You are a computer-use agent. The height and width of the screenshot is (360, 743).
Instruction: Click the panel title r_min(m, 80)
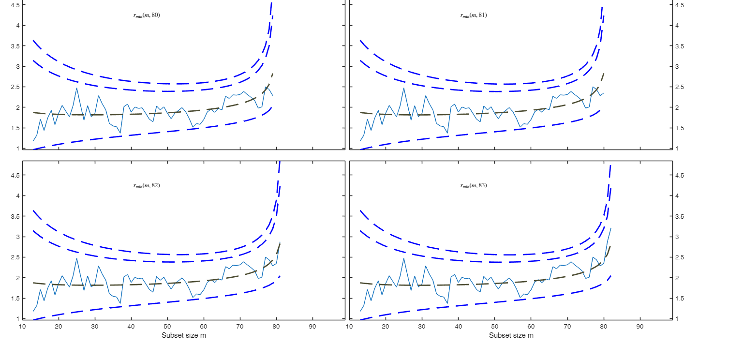[x=147, y=15]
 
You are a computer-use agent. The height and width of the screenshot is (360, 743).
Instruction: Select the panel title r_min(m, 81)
[x=474, y=15]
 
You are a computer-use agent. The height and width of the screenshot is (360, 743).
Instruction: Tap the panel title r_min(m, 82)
[x=147, y=185]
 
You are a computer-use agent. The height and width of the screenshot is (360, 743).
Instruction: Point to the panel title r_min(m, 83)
[x=474, y=185]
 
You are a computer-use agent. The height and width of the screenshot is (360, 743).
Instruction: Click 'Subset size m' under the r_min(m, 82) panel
[x=184, y=335]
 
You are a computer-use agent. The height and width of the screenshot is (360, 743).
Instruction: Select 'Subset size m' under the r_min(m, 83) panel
[x=511, y=335]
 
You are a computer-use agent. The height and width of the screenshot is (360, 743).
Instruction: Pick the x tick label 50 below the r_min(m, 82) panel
[x=167, y=327]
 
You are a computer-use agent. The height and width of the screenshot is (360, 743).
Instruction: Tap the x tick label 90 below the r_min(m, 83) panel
[x=640, y=327]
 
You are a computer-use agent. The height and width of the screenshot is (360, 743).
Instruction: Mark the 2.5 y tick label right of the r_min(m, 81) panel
[x=680, y=87]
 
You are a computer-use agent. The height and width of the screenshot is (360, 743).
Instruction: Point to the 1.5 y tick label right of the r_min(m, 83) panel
[x=680, y=299]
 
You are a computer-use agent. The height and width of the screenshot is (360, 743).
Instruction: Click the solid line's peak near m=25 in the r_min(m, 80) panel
[x=76, y=88]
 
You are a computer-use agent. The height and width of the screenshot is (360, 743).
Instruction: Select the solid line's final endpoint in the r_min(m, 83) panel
[x=611, y=228]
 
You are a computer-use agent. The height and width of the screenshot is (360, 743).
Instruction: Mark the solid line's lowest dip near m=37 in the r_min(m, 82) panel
[x=120, y=303]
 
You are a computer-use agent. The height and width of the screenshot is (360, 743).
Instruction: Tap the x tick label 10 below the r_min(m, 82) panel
[x=22, y=327]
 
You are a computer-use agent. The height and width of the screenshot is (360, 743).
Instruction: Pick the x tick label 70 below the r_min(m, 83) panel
[x=567, y=327]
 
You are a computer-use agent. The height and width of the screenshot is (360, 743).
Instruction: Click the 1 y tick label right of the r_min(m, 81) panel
[x=677, y=149]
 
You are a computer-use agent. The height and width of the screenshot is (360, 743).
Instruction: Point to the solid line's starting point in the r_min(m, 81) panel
[x=360, y=141]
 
